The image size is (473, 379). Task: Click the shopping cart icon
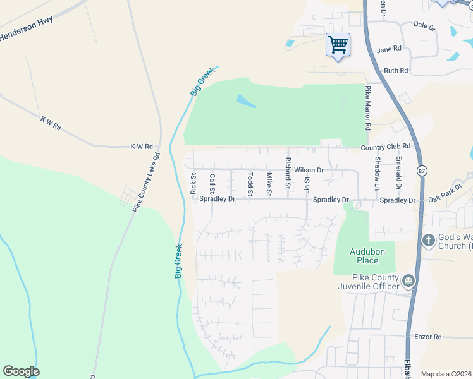pyautogui.click(x=338, y=44)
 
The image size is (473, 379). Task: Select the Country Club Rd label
pyautogui.click(x=386, y=147)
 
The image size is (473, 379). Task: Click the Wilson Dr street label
pyautogui.click(x=309, y=171)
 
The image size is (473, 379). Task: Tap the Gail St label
pyautogui.click(x=212, y=183)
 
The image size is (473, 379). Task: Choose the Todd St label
pyautogui.click(x=250, y=183)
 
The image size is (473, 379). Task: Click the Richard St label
pyautogui.click(x=288, y=173)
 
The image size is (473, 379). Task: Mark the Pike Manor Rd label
pyautogui.click(x=367, y=109)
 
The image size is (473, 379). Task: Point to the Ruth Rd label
pyautogui.click(x=396, y=71)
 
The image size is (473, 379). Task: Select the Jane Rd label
pyautogui.click(x=389, y=49)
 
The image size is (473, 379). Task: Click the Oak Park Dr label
pyautogui.click(x=445, y=197)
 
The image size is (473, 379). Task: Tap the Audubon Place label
pyautogui.click(x=364, y=256)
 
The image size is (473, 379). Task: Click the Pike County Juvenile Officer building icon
pyautogui.click(x=408, y=279)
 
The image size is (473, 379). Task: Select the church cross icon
pyautogui.click(x=428, y=240)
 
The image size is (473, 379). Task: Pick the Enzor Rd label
pyautogui.click(x=428, y=337)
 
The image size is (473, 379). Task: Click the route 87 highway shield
pyautogui.click(x=422, y=171)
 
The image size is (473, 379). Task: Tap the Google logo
pyautogui.click(x=21, y=371)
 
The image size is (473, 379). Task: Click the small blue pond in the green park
pyautogui.click(x=246, y=101)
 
